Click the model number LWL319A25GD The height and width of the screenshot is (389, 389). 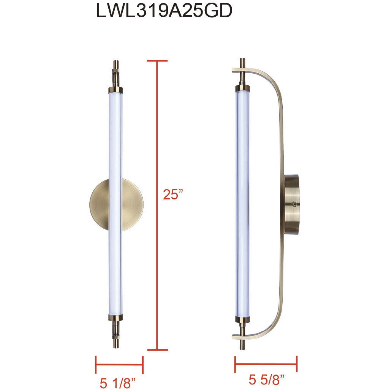(x=164, y=11)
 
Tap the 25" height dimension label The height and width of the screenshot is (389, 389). (x=173, y=194)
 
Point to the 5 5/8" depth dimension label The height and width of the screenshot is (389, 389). (x=267, y=379)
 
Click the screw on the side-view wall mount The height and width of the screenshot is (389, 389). (x=294, y=204)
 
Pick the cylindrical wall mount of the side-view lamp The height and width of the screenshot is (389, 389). (x=292, y=204)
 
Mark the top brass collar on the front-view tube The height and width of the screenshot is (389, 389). (x=116, y=90)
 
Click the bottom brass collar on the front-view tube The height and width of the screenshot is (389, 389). (x=116, y=318)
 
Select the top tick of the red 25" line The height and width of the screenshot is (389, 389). (x=157, y=61)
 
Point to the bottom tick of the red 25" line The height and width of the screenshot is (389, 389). (x=157, y=349)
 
